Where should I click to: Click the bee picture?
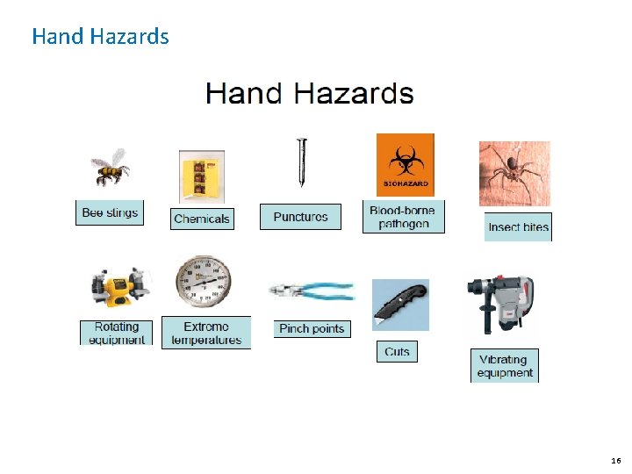pos(110,167)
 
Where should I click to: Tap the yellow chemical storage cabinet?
pos(202,176)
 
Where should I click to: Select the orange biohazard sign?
pos(405,164)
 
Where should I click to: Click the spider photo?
pos(514,173)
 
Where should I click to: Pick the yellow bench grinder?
pos(120,289)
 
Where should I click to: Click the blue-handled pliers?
pos(312,292)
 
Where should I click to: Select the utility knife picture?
pos(400,304)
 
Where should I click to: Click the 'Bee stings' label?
pos(109,212)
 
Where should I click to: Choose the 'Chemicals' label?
pos(202,219)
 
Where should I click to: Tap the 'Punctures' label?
pos(300,216)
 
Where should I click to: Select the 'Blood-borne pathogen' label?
pos(403,217)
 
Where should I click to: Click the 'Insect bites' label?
pos(518,226)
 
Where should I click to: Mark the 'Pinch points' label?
pos(312,328)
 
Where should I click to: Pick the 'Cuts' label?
pos(397,351)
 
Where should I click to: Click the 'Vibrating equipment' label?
pos(505,366)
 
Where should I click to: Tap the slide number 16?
pos(615,460)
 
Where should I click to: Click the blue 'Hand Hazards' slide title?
pos(100,36)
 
